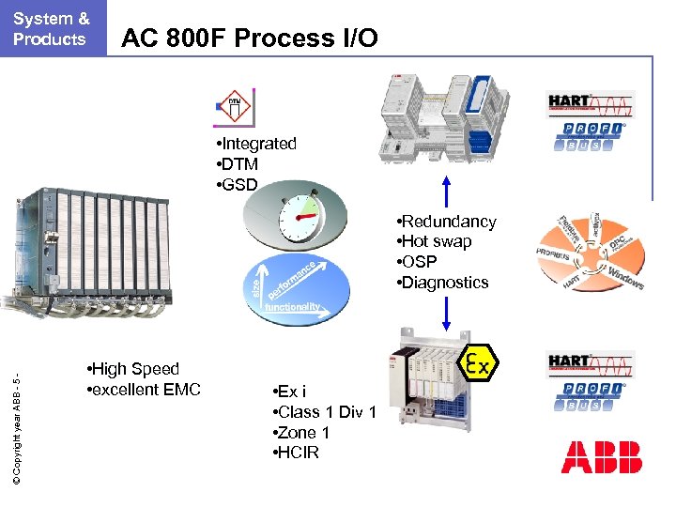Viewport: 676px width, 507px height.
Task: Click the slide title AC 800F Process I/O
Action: tap(251, 38)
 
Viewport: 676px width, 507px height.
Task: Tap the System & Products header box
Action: tap(51, 28)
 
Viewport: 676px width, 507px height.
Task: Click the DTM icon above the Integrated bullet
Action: tap(235, 109)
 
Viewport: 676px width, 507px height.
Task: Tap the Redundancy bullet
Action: tap(447, 222)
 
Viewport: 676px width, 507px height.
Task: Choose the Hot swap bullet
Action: tap(435, 241)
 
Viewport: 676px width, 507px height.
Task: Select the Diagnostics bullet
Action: tap(443, 283)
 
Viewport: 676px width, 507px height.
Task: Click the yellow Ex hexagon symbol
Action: tap(478, 362)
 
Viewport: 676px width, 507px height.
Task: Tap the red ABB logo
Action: tap(601, 457)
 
